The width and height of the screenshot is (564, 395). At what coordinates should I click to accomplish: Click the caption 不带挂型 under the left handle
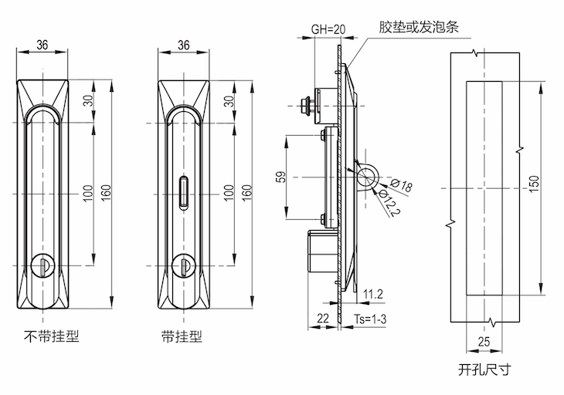coord(52,336)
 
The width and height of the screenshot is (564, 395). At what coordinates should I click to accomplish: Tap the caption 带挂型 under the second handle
coord(182,336)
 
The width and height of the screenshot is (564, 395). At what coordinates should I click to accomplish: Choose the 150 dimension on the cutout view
coord(535,182)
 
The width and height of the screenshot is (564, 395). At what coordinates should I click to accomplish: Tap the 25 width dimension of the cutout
coord(484,340)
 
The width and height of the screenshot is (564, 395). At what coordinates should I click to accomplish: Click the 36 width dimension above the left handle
coord(43,46)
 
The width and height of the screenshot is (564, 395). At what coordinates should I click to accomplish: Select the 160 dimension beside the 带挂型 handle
coord(248,190)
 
